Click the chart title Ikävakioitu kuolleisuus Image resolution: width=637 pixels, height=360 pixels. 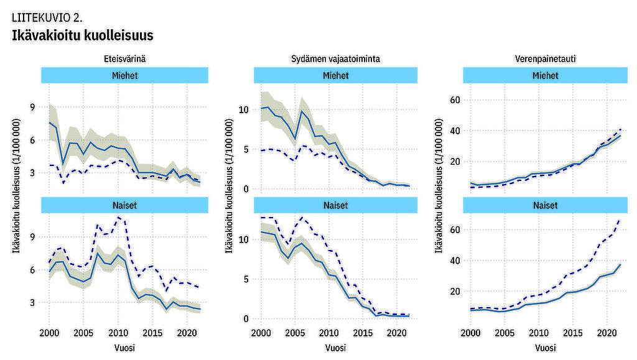click(x=83, y=35)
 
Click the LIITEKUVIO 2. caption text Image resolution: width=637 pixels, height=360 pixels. click(x=47, y=17)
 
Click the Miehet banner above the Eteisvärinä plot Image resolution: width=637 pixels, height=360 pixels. click(x=125, y=75)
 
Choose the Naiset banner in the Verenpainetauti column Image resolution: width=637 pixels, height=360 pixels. click(x=544, y=205)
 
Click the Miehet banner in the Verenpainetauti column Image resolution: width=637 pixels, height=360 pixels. click(x=544, y=75)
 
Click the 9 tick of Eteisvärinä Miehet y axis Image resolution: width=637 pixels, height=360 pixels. click(x=32, y=107)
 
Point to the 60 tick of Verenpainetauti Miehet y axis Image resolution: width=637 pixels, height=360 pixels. click(x=454, y=100)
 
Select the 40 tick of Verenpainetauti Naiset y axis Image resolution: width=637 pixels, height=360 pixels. click(x=454, y=261)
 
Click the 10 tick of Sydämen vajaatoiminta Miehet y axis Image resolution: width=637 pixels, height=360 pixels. click(x=243, y=110)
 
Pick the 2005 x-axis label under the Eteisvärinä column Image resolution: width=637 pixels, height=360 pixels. click(x=84, y=333)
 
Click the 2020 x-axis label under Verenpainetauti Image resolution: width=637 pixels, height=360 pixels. click(x=607, y=333)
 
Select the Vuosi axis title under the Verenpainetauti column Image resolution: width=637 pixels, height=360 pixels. click(x=544, y=347)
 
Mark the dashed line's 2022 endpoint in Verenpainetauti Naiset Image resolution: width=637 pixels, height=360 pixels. click(x=620, y=219)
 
